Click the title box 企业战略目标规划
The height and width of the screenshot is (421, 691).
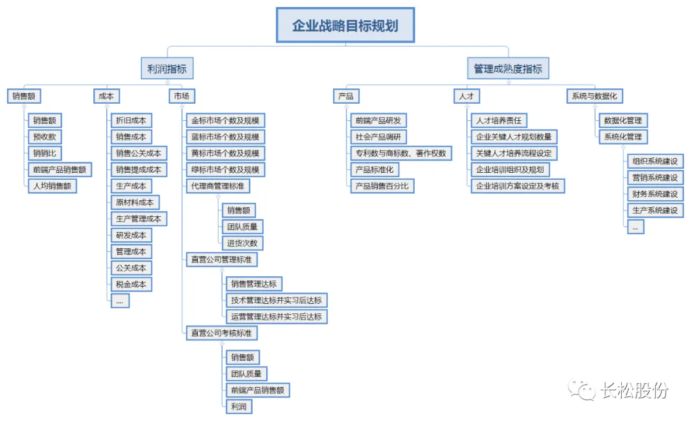[345, 26]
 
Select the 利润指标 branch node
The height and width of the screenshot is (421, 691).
[167, 68]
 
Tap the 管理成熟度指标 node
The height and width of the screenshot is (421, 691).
[507, 68]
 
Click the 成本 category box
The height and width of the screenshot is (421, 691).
[106, 97]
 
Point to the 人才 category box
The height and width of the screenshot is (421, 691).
[466, 97]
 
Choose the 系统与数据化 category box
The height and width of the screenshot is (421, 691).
[594, 97]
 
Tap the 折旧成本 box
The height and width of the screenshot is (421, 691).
[131, 120]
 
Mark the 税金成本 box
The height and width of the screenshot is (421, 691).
[131, 285]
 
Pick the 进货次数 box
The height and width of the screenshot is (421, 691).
[242, 243]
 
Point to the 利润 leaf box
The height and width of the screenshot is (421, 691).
[238, 406]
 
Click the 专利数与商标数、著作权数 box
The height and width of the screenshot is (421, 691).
[401, 154]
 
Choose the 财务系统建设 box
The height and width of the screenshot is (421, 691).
[655, 194]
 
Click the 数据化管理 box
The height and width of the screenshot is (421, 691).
[623, 120]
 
